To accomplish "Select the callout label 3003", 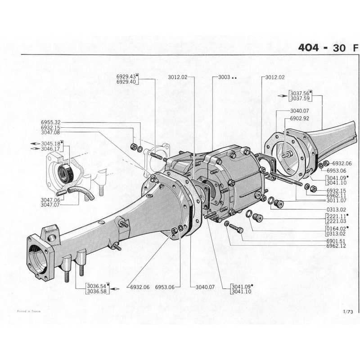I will click(224, 77).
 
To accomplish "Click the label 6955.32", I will click(50, 122).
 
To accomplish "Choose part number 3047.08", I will click(50, 133).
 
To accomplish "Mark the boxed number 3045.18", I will click(51, 144).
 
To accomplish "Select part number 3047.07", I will click(50, 204).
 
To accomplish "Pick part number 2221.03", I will click(335, 221).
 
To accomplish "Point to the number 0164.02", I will click(335, 229).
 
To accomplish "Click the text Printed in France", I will click(28, 311).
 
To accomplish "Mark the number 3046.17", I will click(51, 148).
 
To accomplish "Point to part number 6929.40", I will click(126, 82).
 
